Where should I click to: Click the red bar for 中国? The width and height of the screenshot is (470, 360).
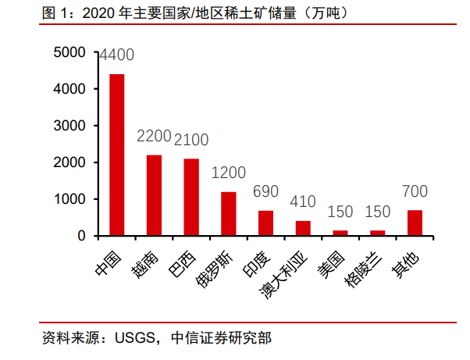tap(116, 155)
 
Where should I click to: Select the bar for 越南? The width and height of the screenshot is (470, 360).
tap(154, 195)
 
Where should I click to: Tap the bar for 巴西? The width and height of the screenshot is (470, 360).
tap(191, 197)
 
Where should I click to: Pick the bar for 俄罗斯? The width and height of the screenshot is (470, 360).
tap(229, 213)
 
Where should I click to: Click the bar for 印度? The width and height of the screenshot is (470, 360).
tap(265, 223)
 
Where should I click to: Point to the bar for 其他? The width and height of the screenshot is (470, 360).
tap(415, 223)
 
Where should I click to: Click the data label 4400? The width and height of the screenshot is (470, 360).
tap(116, 55)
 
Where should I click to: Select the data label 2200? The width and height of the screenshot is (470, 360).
tap(154, 137)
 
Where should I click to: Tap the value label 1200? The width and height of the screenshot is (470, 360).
tap(229, 173)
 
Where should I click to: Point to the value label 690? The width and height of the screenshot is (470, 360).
tap(265, 191)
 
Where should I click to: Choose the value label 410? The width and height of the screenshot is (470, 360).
tap(303, 201)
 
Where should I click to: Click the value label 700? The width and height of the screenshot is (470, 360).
tap(415, 191)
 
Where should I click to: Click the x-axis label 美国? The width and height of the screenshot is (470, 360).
tap(331, 262)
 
